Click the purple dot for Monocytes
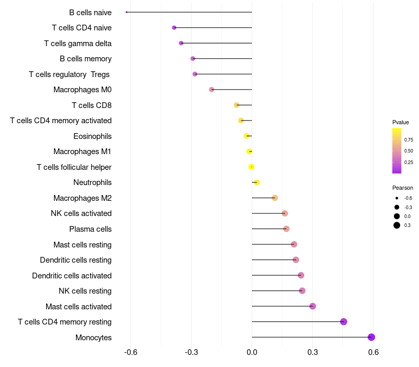click(x=371, y=337)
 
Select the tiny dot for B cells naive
click(x=126, y=12)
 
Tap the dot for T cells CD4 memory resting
click(x=344, y=321)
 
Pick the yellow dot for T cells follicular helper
click(x=251, y=167)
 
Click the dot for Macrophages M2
click(x=274, y=198)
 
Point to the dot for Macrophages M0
click(x=212, y=89)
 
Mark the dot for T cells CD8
click(x=237, y=105)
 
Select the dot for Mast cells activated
click(x=313, y=306)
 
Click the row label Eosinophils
click(x=93, y=136)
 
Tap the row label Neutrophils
click(x=93, y=182)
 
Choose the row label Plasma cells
click(x=90, y=229)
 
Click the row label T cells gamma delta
click(x=78, y=44)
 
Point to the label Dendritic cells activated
click(x=72, y=276)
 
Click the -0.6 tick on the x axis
click(x=130, y=352)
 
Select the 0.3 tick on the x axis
click(x=313, y=352)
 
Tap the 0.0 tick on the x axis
click(x=252, y=352)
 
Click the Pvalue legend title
click(x=401, y=122)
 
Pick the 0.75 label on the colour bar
click(x=409, y=139)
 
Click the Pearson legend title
click(x=403, y=188)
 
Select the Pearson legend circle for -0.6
click(x=397, y=198)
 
